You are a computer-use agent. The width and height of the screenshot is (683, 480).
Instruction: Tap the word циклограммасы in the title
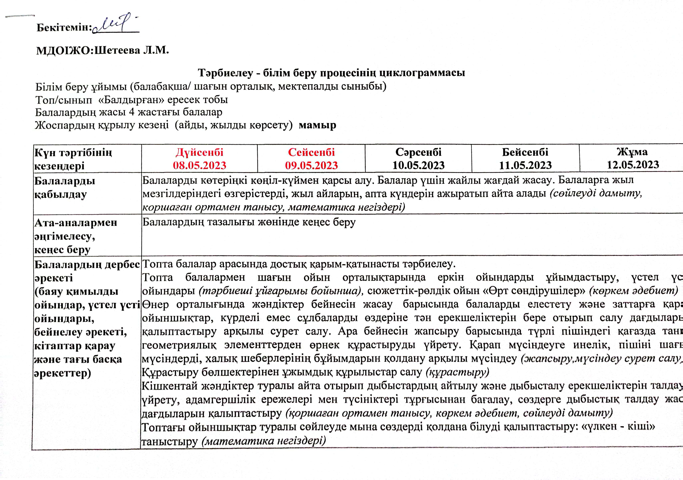[x=422, y=73]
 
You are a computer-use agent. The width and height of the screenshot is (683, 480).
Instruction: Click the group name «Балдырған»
[x=131, y=100]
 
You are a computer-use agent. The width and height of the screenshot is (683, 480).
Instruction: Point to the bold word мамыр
[x=317, y=125]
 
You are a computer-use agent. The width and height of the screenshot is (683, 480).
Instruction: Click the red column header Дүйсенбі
[x=199, y=152]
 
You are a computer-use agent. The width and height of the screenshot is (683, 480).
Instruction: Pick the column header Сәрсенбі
[x=418, y=152]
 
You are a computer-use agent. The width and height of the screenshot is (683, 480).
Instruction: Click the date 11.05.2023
[x=525, y=165]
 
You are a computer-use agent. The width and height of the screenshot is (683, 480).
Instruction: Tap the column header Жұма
[x=632, y=152]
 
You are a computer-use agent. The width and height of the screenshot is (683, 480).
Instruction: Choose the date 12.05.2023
[x=633, y=165]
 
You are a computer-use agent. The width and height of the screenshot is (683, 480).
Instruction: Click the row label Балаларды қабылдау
[x=65, y=187]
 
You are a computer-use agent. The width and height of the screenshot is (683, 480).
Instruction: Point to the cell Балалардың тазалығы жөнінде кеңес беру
[x=249, y=222]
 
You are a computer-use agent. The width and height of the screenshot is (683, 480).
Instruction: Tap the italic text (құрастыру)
[x=457, y=372]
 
